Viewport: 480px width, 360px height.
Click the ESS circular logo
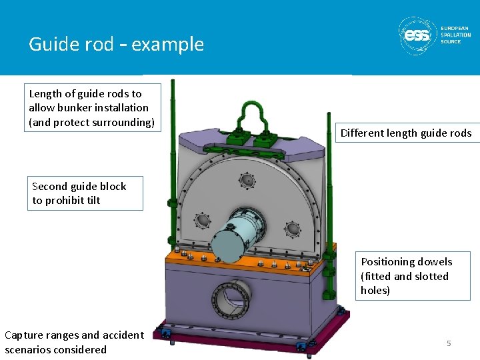[x=417, y=35]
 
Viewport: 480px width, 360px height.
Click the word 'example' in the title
[x=168, y=44]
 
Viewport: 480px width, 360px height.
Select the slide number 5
[x=449, y=343]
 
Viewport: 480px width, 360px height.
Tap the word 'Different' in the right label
[x=363, y=133]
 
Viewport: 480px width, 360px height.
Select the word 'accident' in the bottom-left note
[x=121, y=335]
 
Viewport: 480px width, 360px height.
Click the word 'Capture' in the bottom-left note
[x=26, y=335]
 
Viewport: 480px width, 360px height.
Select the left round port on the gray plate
[x=201, y=220]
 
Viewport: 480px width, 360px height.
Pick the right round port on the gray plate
[x=292, y=229]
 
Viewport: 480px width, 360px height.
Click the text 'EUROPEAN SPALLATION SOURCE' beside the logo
[x=455, y=35]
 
